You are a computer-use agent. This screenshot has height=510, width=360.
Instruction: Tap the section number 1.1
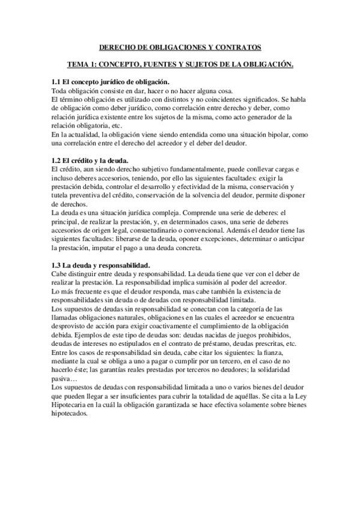pos(57,81)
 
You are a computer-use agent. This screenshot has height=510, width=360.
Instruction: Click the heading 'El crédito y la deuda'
pos(98,161)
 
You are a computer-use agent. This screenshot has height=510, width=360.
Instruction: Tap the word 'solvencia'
pos(224,196)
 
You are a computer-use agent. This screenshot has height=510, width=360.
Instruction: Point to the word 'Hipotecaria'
pos(72,408)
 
